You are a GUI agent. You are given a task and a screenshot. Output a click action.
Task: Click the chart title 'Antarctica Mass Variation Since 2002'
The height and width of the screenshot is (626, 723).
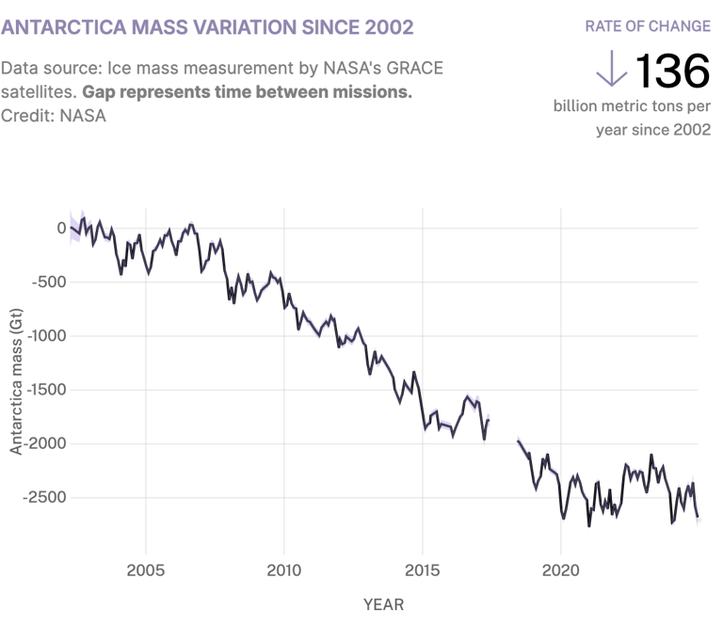click(207, 26)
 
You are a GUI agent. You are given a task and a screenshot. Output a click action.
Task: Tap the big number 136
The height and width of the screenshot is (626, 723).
click(672, 72)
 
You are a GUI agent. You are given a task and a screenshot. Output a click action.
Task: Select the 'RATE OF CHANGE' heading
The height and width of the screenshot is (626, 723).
click(648, 25)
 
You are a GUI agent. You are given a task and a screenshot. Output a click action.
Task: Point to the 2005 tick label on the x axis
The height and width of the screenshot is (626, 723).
click(146, 570)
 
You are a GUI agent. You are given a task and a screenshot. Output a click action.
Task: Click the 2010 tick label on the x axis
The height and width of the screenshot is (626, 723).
click(284, 570)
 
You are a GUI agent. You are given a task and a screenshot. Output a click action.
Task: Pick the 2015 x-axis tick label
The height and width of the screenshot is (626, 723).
click(423, 570)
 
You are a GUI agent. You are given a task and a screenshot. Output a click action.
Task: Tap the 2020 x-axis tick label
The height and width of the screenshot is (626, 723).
click(561, 570)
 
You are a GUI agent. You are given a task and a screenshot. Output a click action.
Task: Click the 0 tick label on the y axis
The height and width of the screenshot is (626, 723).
click(61, 228)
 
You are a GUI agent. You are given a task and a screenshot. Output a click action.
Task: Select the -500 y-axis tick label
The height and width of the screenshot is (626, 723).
click(49, 281)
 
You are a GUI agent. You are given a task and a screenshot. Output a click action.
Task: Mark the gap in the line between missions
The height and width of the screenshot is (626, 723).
click(504, 429)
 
